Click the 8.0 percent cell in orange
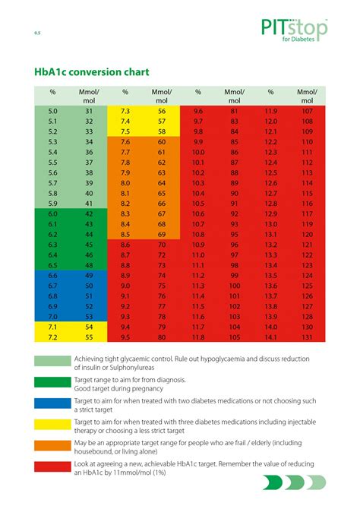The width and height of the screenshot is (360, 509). [x=125, y=183]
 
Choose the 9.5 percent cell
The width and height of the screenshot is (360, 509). [x=125, y=337]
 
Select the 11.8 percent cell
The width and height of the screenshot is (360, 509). [x=198, y=337]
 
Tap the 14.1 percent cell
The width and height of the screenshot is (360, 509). [x=270, y=337]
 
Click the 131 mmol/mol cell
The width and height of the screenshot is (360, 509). [x=307, y=337]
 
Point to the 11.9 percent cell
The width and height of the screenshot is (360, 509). [x=270, y=111]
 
